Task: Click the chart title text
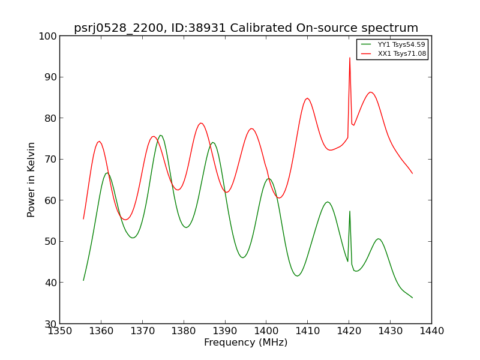tap(246, 28)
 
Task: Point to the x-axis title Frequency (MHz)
tap(245, 343)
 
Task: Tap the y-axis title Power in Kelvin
tap(32, 179)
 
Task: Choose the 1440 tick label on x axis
tap(431, 331)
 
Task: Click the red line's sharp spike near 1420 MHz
tap(350, 58)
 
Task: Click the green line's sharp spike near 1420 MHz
tap(350, 211)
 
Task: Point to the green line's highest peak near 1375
tap(161, 136)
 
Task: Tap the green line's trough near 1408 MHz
tap(298, 276)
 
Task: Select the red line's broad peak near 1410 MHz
tap(307, 98)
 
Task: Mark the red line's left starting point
tap(83, 218)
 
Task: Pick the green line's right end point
tap(412, 298)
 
